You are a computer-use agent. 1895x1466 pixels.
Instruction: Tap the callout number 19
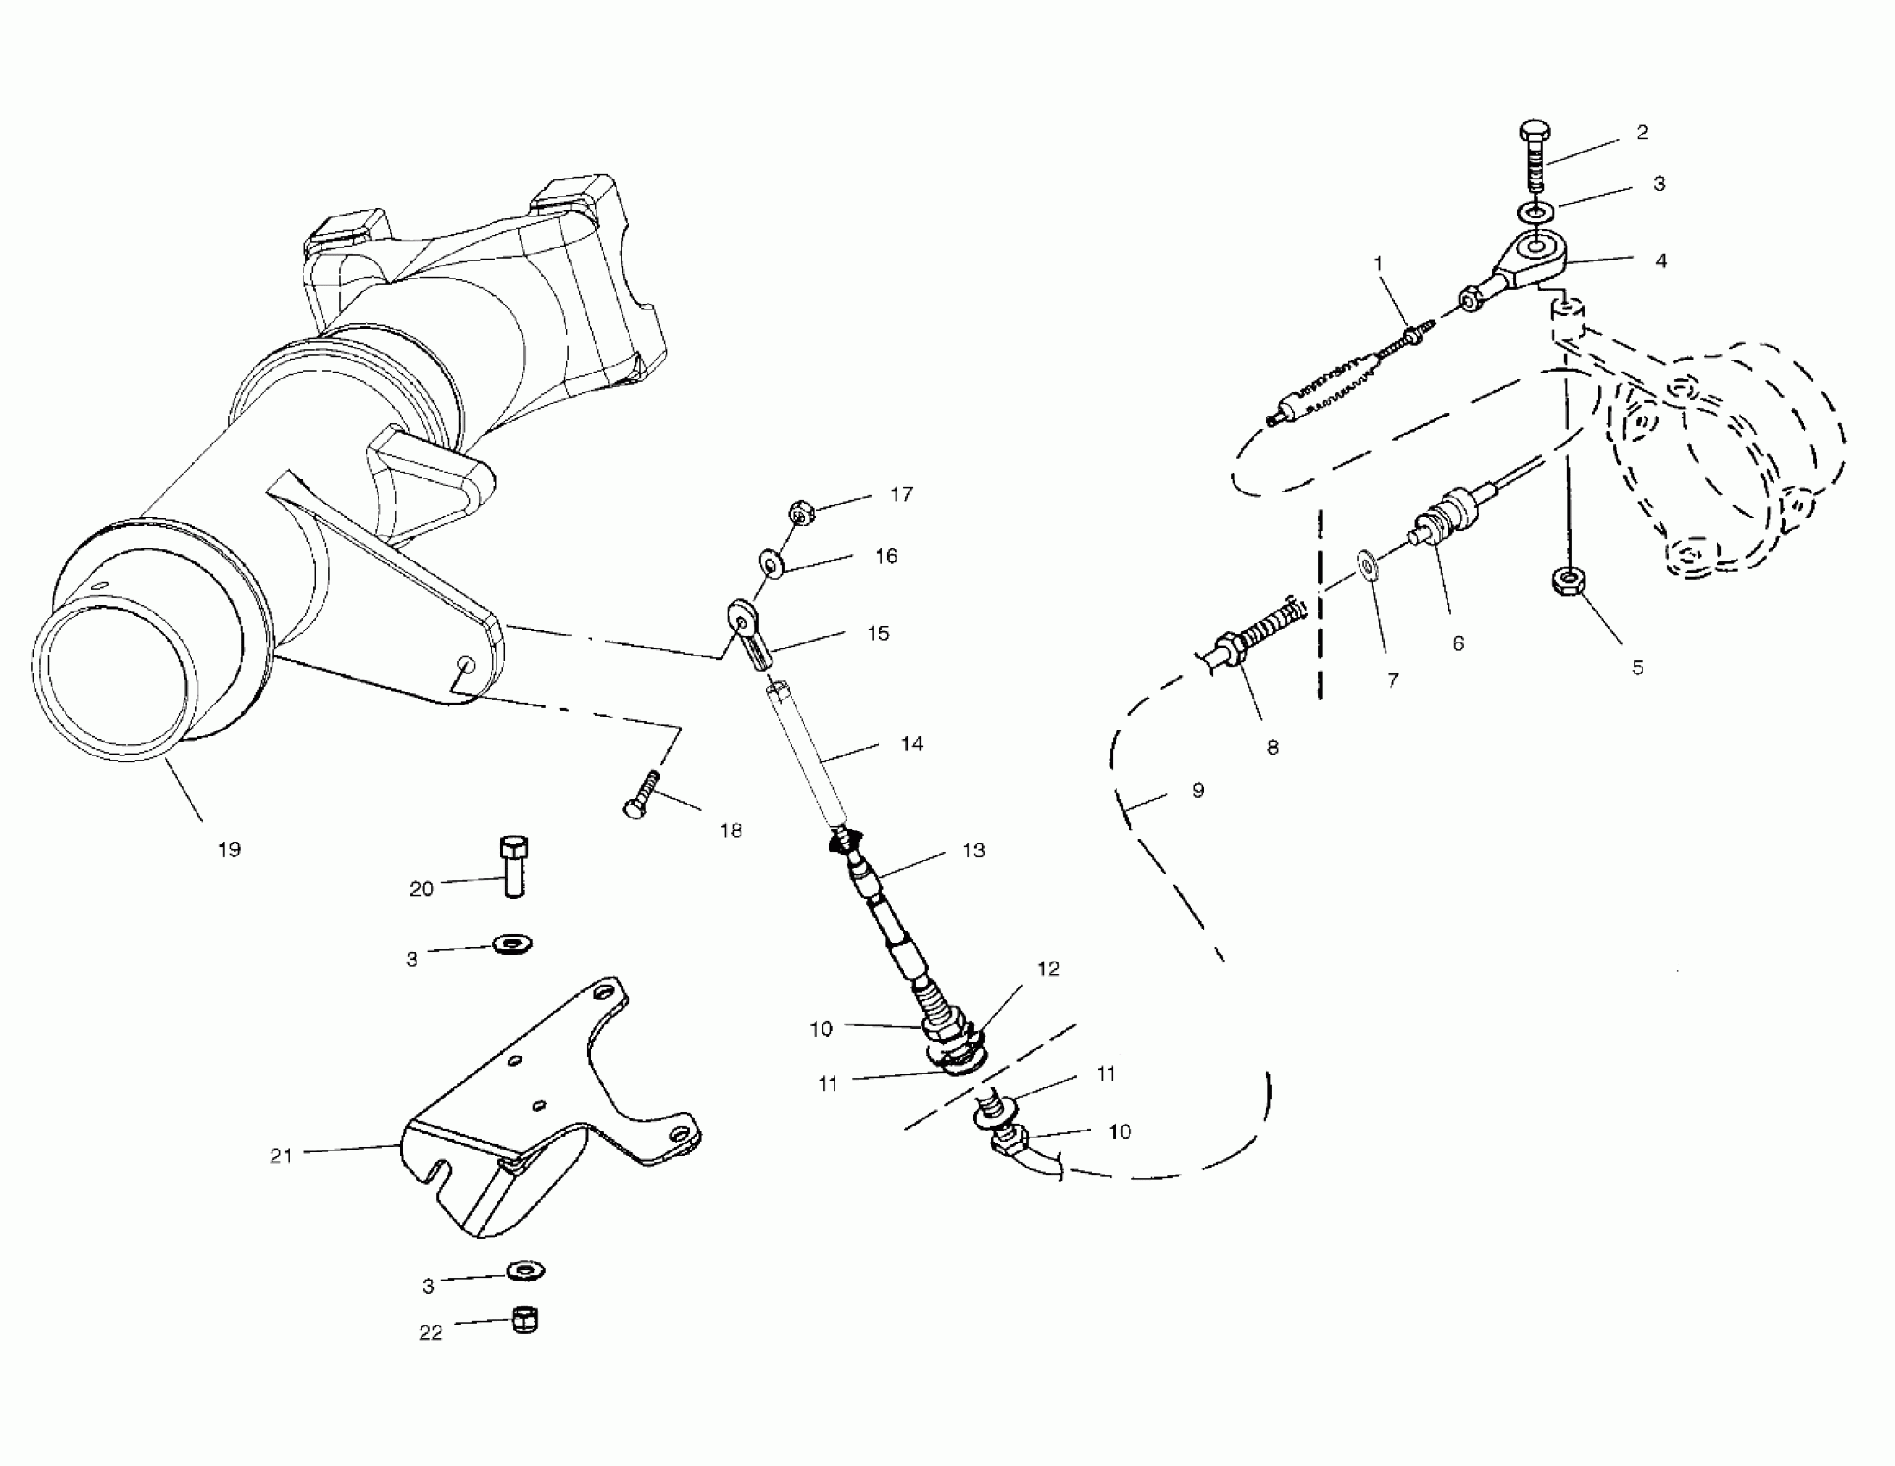click(x=229, y=849)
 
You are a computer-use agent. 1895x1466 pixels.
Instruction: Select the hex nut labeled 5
click(x=1567, y=580)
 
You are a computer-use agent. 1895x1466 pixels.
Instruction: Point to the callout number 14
click(x=912, y=744)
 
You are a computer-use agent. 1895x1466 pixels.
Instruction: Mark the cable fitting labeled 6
click(x=1445, y=517)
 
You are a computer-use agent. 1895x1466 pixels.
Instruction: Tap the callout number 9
click(x=1198, y=791)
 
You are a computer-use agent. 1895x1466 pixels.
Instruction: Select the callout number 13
click(x=973, y=850)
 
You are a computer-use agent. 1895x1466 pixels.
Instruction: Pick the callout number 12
click(x=1048, y=968)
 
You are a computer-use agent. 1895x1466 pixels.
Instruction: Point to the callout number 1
click(x=1378, y=263)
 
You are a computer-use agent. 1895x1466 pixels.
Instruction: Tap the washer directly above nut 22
click(x=524, y=1272)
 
